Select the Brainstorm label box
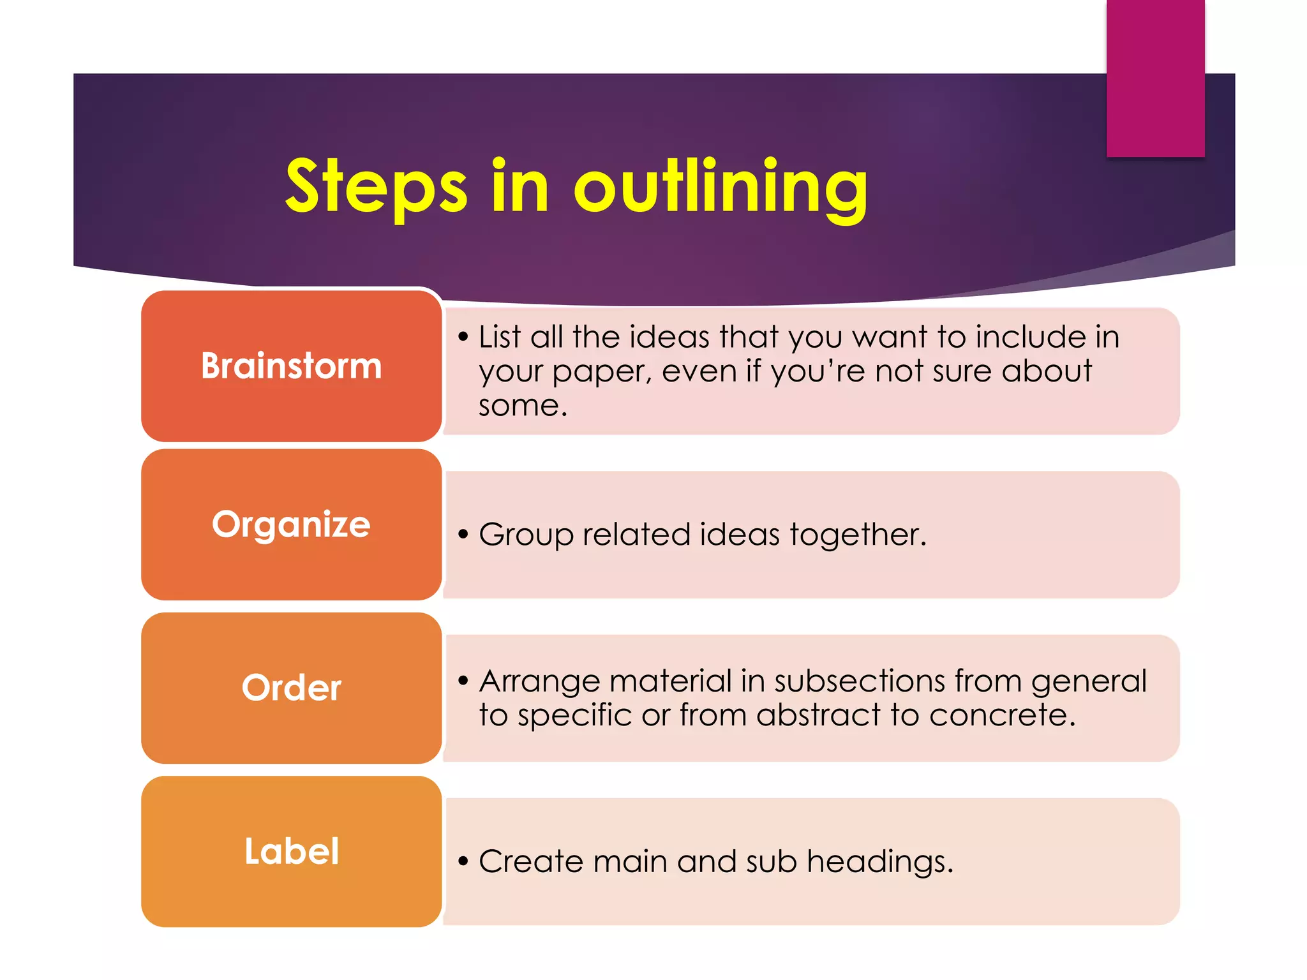pos(292,366)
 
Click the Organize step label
pos(292,524)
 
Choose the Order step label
pos(292,688)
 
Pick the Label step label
pos(292,851)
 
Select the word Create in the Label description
pos(531,861)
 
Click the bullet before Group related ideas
pos(463,534)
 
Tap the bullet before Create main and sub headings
pos(463,861)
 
